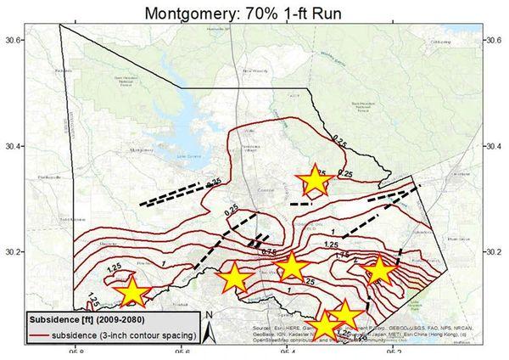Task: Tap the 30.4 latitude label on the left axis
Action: click(11, 146)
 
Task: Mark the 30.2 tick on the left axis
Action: click(11, 252)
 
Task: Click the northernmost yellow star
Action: click(314, 180)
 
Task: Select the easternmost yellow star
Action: click(378, 270)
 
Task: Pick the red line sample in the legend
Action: click(39, 337)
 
